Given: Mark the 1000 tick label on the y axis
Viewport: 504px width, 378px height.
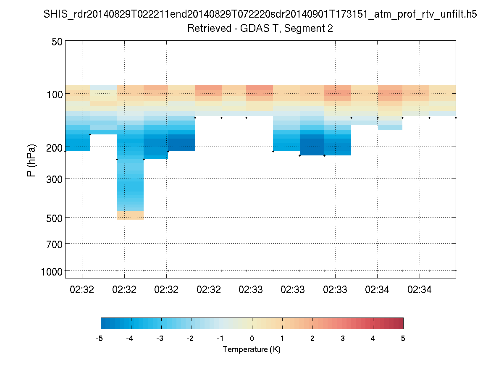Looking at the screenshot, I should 52,272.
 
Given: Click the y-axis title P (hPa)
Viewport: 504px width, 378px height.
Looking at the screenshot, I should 31,160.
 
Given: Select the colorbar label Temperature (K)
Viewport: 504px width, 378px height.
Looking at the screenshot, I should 252,349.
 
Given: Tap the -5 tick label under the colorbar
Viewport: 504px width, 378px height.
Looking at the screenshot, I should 100,338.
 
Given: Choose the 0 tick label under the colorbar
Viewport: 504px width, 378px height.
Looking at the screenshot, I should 252,338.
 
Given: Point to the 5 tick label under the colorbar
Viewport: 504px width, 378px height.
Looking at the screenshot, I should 403,338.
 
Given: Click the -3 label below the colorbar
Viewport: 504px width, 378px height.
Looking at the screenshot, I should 160,338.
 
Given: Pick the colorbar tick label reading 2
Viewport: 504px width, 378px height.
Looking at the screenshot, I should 312,338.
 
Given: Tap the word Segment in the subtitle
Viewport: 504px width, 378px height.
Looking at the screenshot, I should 306,29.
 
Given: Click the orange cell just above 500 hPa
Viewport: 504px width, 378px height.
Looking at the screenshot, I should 130,215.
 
